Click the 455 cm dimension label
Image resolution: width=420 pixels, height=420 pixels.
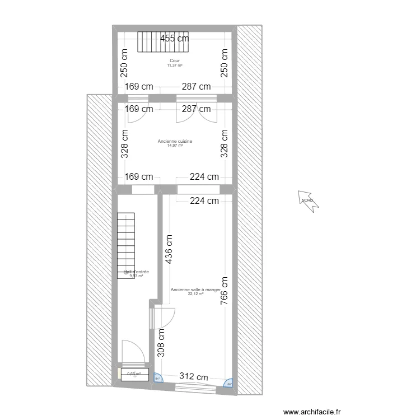[x=174, y=39]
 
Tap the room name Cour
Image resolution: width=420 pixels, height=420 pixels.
[x=175, y=60]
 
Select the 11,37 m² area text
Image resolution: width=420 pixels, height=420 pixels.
[x=175, y=65]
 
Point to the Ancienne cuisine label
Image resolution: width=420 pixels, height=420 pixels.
[x=175, y=141]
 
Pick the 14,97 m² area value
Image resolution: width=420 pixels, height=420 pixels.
[x=175, y=146]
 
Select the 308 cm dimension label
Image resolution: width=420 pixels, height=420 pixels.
[x=161, y=343]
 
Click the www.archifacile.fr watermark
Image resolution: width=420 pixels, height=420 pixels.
[x=312, y=412]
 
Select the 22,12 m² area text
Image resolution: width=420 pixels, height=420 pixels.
[x=195, y=293]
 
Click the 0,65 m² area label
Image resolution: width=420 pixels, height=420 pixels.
[x=133, y=375]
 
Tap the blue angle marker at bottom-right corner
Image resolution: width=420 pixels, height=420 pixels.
[x=228, y=383]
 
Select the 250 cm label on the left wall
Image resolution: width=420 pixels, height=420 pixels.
[x=124, y=63]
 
